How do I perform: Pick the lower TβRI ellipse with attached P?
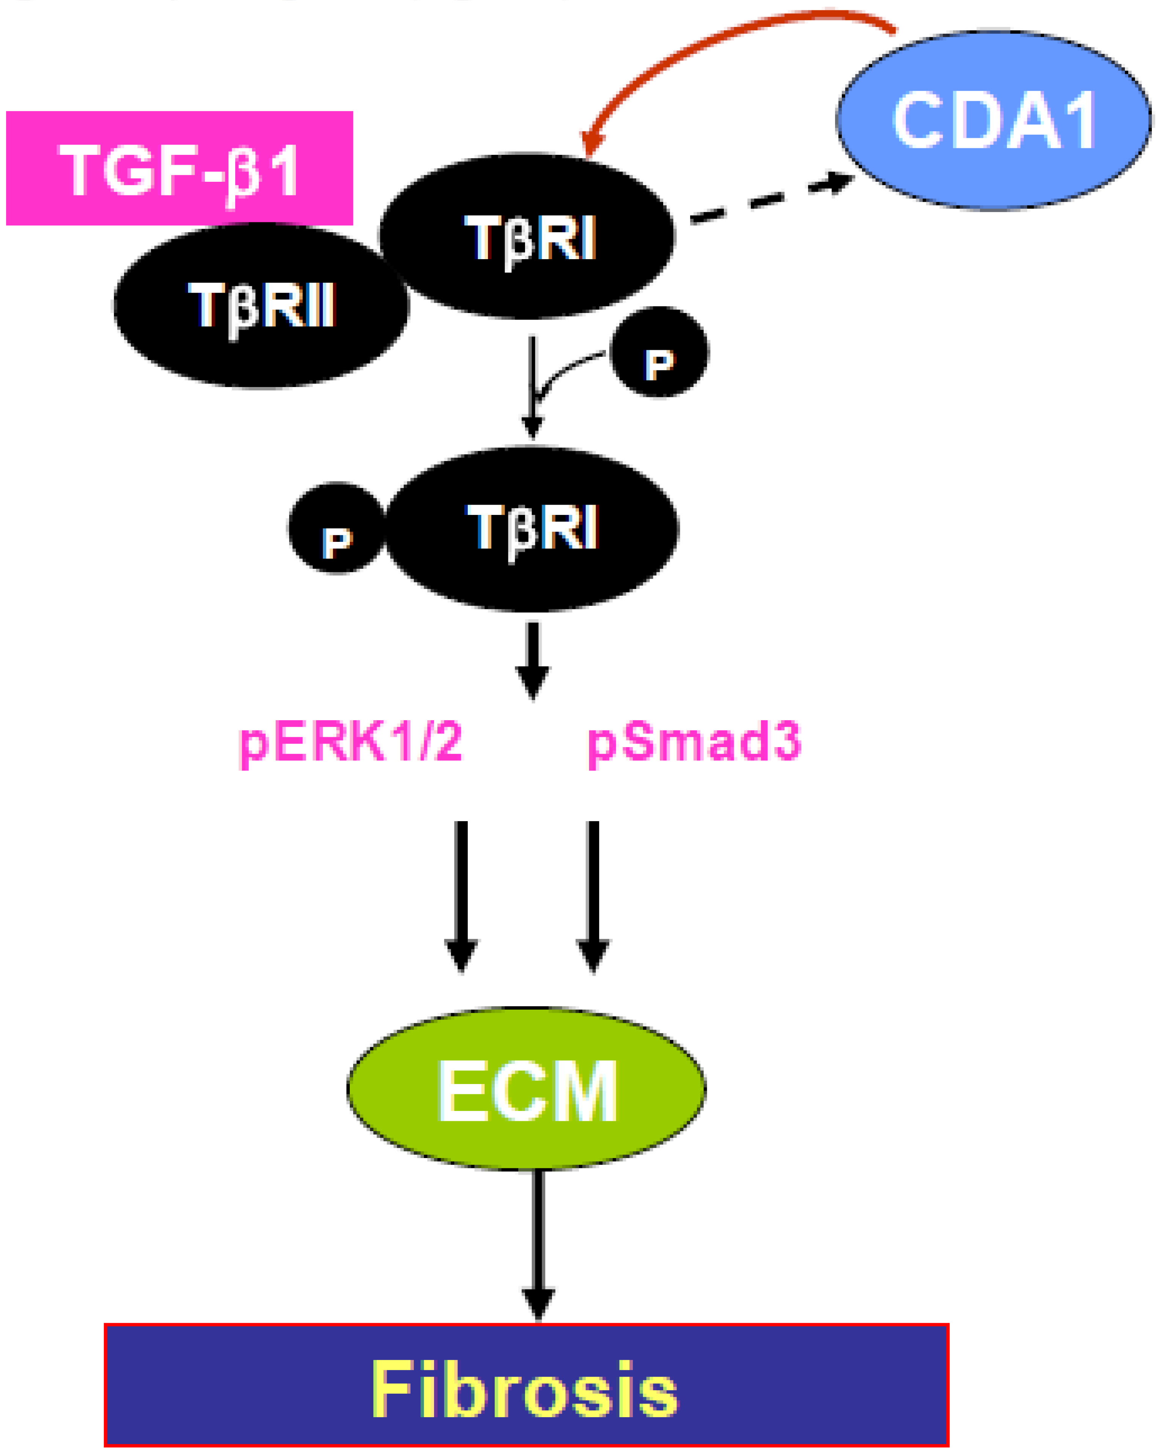[x=533, y=529]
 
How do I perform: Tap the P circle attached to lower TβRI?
[x=336, y=528]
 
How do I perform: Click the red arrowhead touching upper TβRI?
[x=592, y=142]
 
